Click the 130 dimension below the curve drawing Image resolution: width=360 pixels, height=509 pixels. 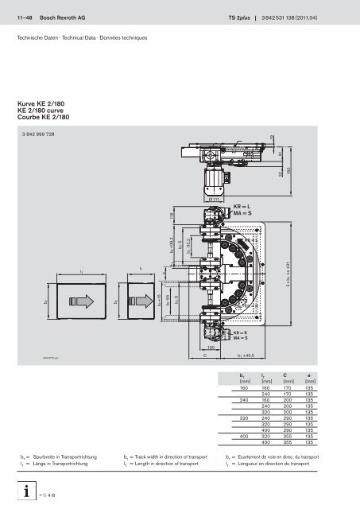coord(211,348)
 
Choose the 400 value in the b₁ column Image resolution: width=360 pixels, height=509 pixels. coord(243,435)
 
